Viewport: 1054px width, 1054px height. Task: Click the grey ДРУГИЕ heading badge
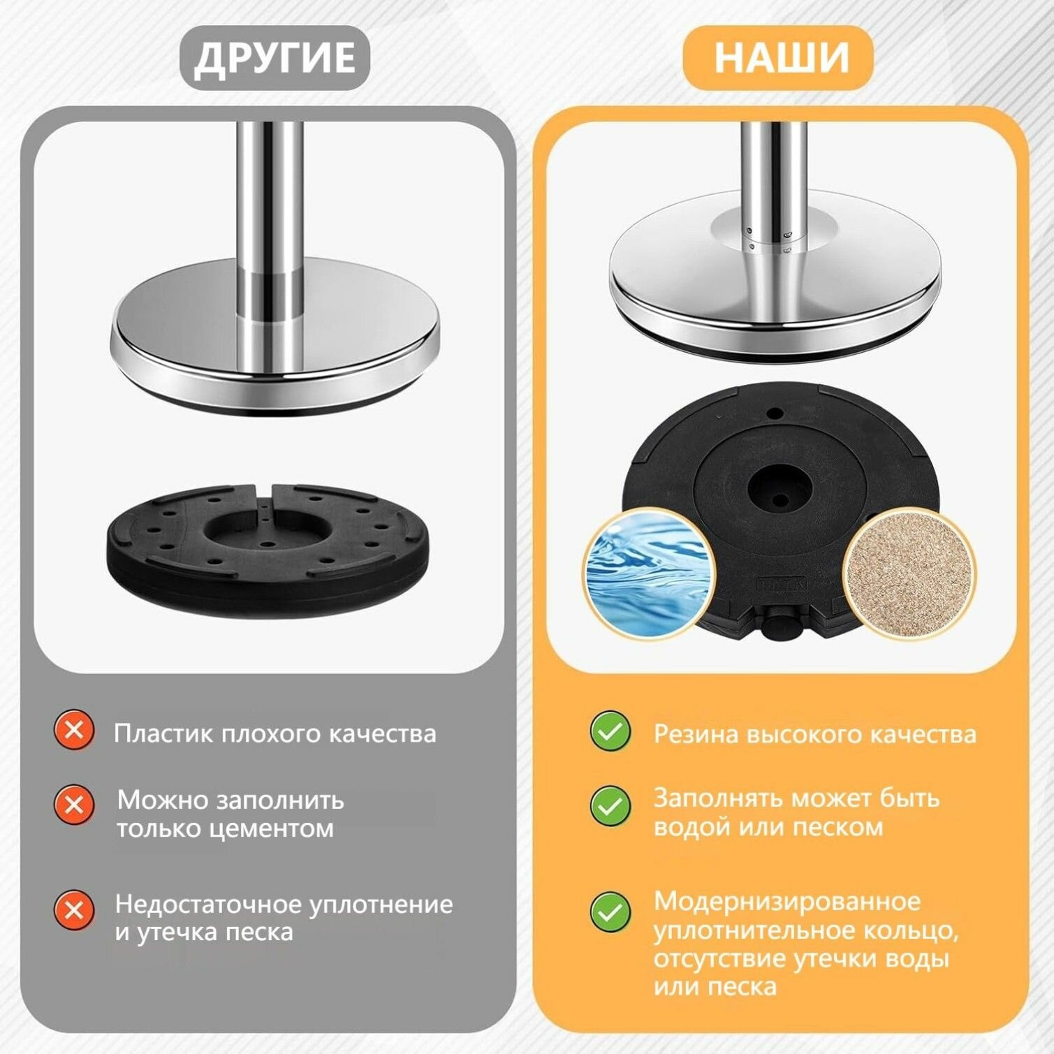[275, 57]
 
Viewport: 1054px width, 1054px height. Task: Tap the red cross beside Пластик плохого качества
[73, 731]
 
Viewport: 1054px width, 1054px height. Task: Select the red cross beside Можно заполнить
[73, 804]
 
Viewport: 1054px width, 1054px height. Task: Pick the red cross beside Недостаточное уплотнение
[73, 910]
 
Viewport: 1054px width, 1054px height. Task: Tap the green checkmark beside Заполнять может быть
[610, 805]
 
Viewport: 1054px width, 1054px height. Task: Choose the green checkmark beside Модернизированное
[610, 912]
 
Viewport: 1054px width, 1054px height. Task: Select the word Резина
[696, 734]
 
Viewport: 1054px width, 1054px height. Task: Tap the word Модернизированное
[787, 901]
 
